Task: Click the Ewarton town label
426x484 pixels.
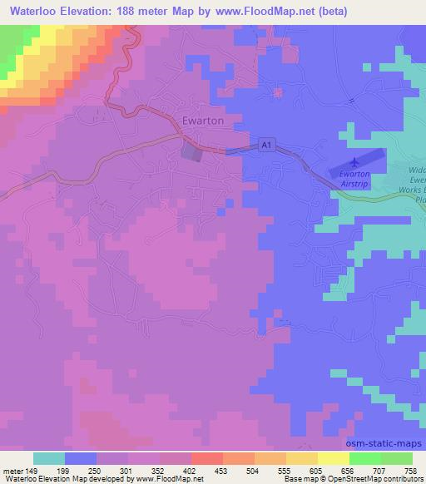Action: [x=203, y=121]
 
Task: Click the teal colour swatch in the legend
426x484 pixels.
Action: [x=49, y=458]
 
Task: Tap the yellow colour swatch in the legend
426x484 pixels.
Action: [x=334, y=458]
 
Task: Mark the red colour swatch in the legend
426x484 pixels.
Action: [x=207, y=458]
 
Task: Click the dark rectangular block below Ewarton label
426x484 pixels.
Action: [x=192, y=151]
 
